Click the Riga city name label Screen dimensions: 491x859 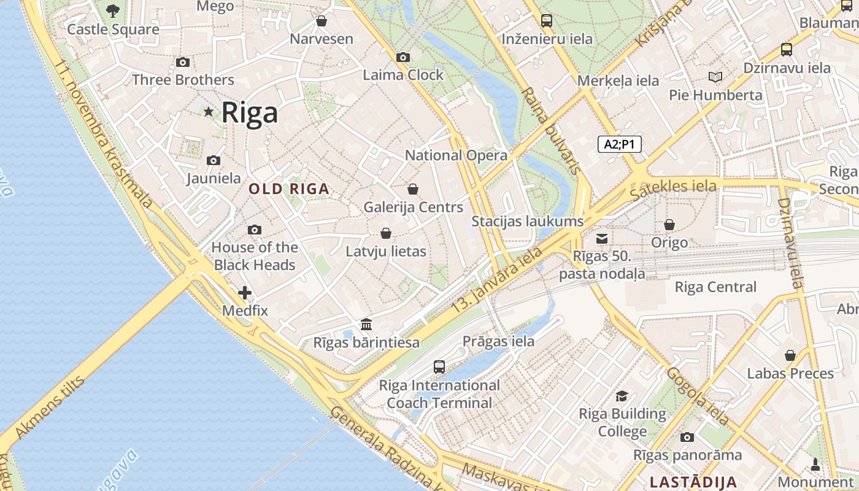[x=249, y=113]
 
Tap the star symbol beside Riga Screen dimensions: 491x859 [x=209, y=112]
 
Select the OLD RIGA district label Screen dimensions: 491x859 [x=289, y=189]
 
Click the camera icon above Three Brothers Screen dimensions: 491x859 [x=182, y=62]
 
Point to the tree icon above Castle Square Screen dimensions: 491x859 [x=113, y=10]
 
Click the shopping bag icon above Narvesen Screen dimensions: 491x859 [x=321, y=21]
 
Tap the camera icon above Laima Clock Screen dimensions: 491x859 [x=403, y=57]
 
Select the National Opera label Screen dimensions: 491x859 [x=456, y=155]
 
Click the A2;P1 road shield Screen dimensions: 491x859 [x=619, y=144]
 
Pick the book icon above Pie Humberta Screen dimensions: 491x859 [x=715, y=77]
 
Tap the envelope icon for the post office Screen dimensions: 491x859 [x=602, y=238]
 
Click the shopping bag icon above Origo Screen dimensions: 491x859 [x=669, y=225]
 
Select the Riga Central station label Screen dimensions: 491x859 [x=715, y=287]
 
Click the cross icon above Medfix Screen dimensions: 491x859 [x=245, y=293]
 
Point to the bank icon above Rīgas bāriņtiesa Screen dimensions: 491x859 [x=366, y=324]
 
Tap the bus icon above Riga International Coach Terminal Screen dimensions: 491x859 [x=439, y=367]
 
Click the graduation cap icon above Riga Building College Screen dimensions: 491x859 [x=622, y=396]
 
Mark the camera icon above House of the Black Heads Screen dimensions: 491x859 [x=254, y=230]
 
